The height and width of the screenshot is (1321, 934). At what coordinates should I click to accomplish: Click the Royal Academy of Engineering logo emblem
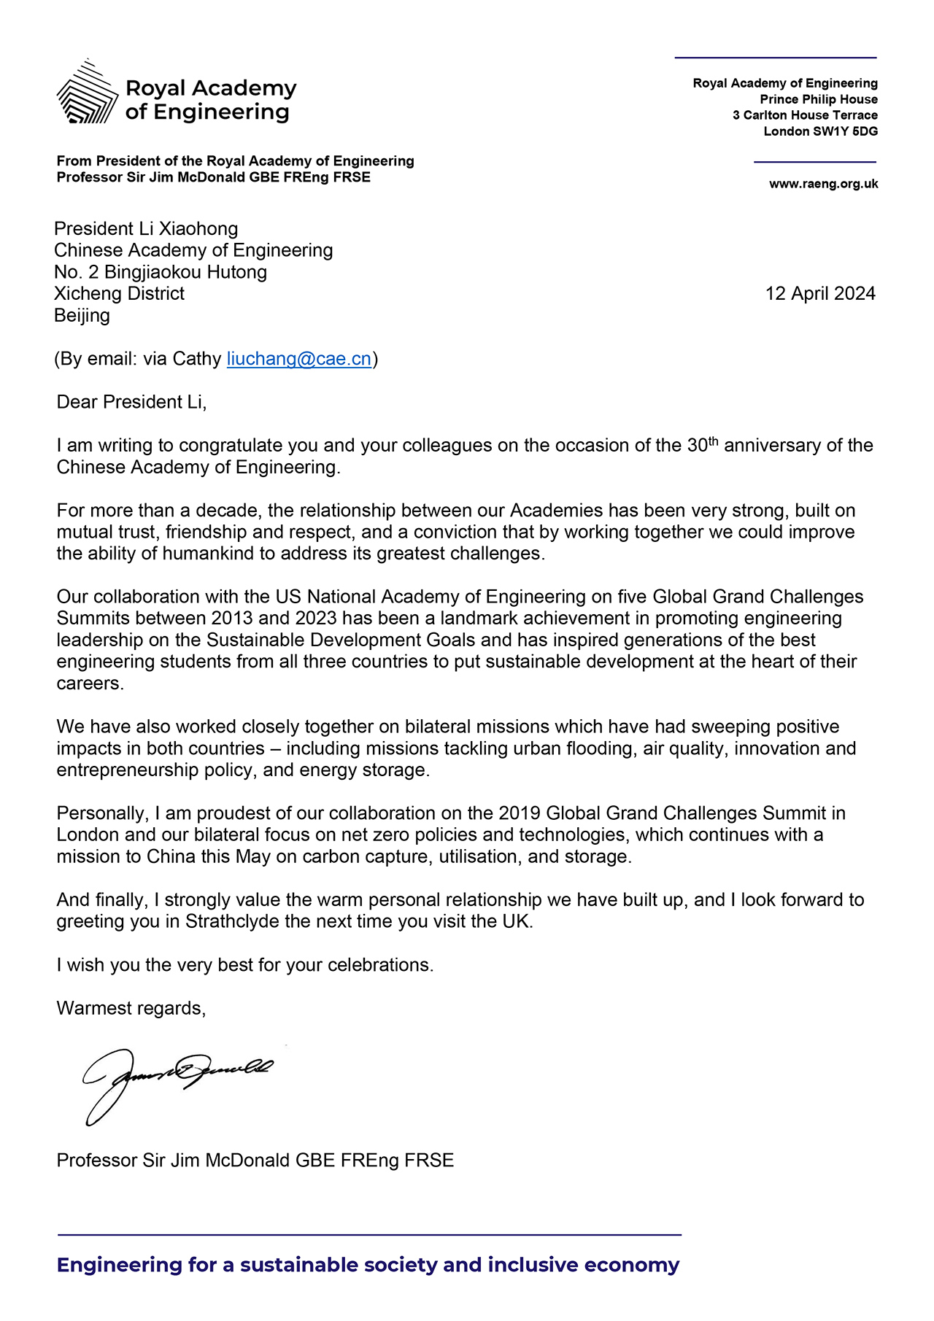pyautogui.click(x=87, y=93)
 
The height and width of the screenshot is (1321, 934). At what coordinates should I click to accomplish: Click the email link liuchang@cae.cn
pyautogui.click(x=299, y=359)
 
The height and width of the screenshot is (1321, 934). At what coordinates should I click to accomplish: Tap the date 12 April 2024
pyautogui.click(x=820, y=294)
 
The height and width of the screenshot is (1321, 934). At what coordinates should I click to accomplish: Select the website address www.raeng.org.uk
pyautogui.click(x=823, y=185)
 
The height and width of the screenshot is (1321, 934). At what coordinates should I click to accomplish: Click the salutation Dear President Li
pyautogui.click(x=131, y=402)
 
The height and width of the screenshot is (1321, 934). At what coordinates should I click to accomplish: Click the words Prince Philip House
pyautogui.click(x=819, y=100)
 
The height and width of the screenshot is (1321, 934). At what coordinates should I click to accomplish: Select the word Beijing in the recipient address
pyautogui.click(x=82, y=316)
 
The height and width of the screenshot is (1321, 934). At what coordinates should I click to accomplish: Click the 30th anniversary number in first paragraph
pyautogui.click(x=702, y=445)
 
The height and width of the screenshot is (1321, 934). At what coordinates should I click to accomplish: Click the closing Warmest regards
pyautogui.click(x=131, y=1009)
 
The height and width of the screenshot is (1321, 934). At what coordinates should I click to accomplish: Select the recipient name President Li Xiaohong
pyautogui.click(x=146, y=229)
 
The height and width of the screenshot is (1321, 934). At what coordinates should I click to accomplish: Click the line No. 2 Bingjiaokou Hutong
pyautogui.click(x=161, y=273)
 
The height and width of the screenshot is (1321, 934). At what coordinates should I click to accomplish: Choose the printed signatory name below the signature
pyautogui.click(x=255, y=1161)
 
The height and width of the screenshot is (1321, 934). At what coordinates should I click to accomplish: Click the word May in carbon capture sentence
pyautogui.click(x=252, y=856)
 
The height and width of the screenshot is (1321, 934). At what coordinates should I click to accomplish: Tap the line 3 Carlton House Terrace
pyautogui.click(x=805, y=116)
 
